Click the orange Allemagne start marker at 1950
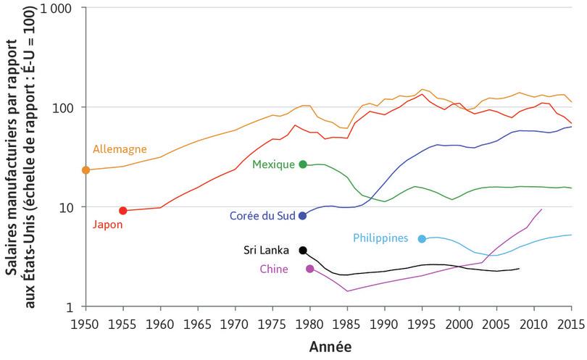click(x=86, y=170)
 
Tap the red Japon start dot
click(x=123, y=211)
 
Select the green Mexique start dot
click(x=303, y=164)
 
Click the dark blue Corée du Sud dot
click(x=303, y=216)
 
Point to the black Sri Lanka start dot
click(x=303, y=250)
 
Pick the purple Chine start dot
click(x=310, y=269)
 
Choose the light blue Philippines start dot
click(x=422, y=238)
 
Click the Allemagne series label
click(x=120, y=150)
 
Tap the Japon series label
click(x=107, y=225)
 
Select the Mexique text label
click(x=273, y=164)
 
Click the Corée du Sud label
click(x=262, y=216)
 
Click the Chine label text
click(x=273, y=269)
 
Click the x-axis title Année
click(x=330, y=347)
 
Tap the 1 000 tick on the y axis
click(x=61, y=8)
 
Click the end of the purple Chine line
click(x=541, y=209)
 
